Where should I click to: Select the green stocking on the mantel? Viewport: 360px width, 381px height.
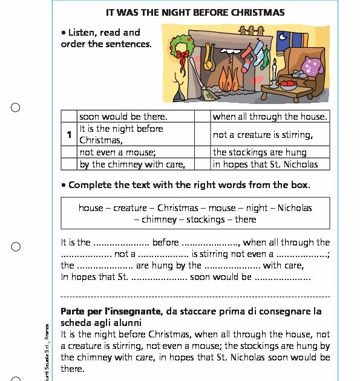pos(265,57)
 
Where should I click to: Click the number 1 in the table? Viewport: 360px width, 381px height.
pos(70,134)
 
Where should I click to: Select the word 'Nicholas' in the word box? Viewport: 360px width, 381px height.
pos(295,207)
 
